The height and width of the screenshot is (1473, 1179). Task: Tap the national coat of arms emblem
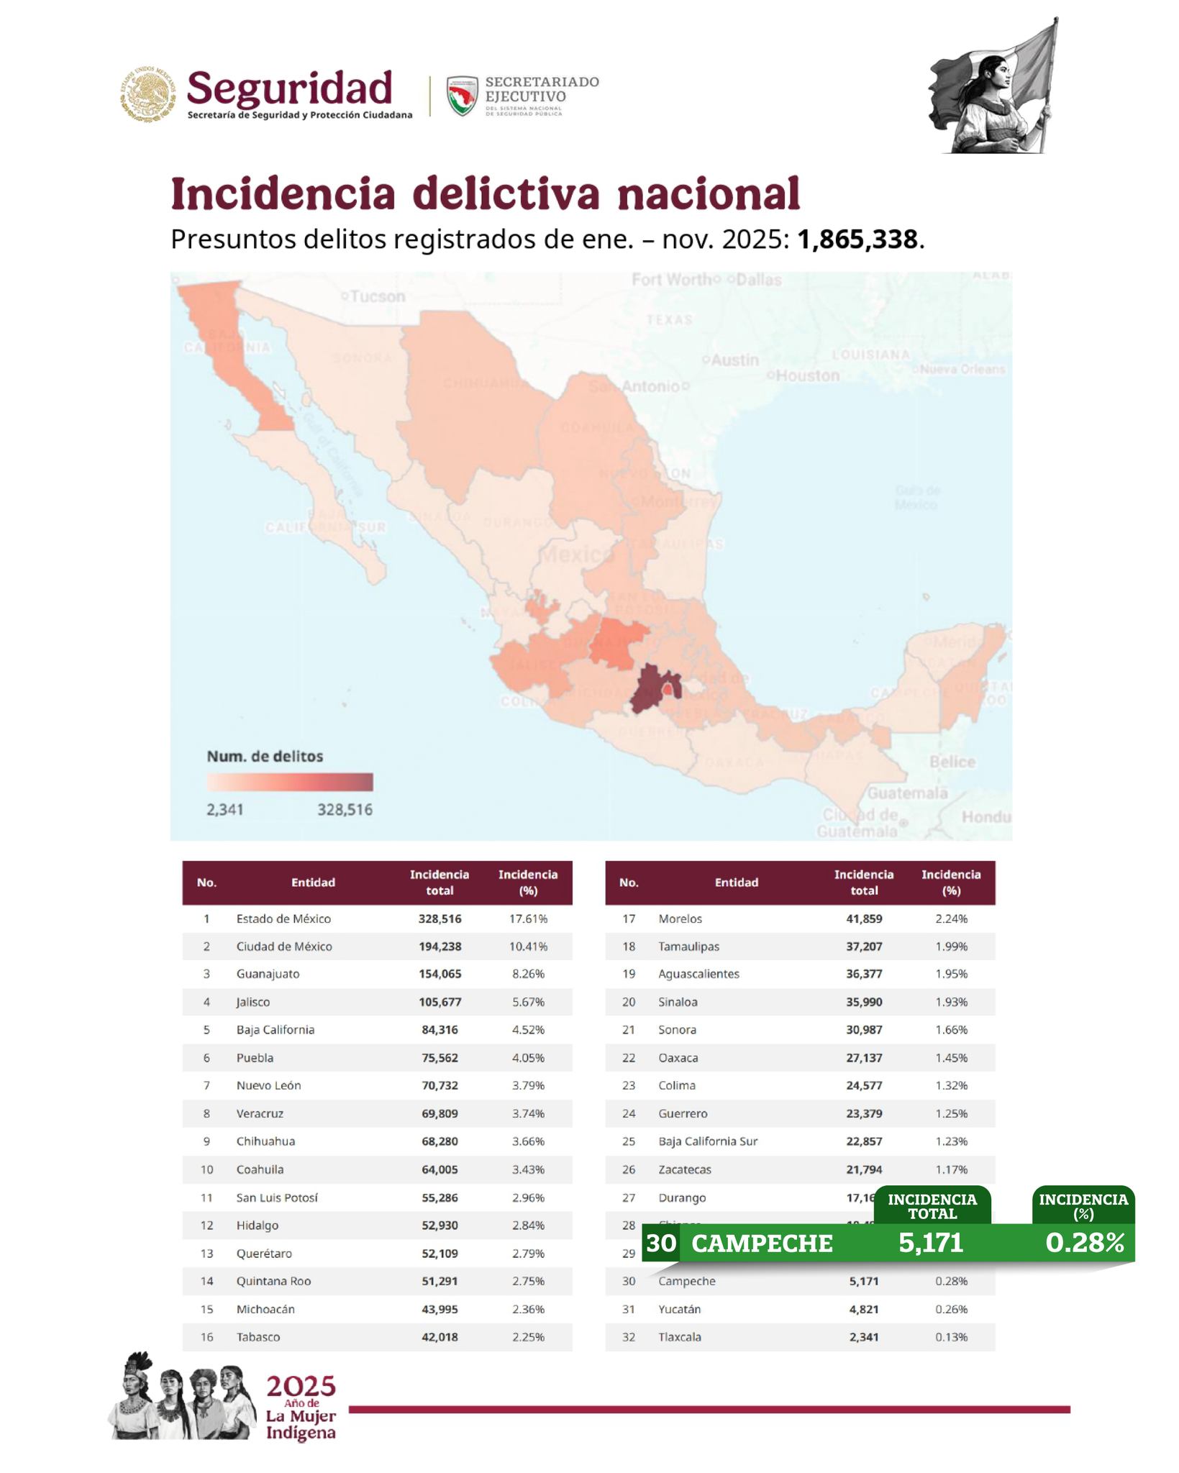pos(147,94)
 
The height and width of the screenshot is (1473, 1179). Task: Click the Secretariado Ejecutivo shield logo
pos(462,96)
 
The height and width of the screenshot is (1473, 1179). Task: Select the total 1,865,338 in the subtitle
pos(857,240)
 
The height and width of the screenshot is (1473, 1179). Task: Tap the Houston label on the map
pos(806,375)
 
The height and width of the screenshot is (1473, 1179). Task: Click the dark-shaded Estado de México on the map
pos(649,688)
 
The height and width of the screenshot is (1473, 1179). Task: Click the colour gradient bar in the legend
pos(289,782)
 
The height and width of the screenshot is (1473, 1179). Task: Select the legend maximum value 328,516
pos(345,810)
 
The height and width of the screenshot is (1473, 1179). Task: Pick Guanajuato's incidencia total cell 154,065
pos(440,974)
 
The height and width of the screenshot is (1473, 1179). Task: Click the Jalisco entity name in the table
pos(253,1002)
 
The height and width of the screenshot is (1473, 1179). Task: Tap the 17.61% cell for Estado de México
pos(528,918)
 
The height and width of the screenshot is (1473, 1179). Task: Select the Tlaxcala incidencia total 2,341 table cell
pos(863,1337)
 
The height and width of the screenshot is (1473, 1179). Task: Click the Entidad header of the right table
pos(736,883)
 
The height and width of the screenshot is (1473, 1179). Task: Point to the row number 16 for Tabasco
pos(206,1337)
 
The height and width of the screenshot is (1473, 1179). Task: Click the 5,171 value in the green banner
pos(931,1243)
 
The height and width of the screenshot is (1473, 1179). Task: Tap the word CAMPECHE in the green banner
pos(762,1244)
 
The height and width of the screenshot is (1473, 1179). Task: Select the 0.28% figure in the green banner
pos(1084,1243)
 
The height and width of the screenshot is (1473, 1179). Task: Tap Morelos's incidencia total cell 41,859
pos(863,918)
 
